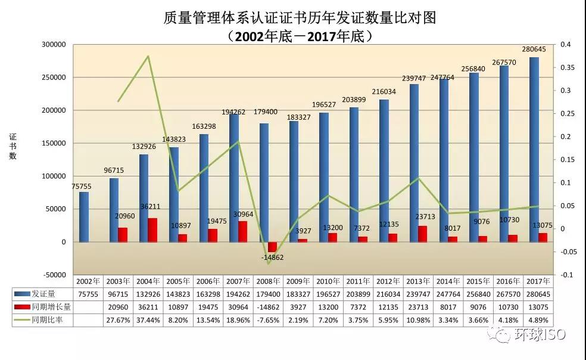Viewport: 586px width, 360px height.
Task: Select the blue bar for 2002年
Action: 84,217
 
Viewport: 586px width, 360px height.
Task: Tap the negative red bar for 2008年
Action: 273,247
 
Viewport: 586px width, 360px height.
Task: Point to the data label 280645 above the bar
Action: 534,49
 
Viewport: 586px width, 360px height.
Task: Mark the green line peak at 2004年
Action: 148,57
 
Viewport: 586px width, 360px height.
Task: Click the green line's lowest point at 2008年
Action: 269,263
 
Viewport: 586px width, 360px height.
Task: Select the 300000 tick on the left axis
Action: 54,45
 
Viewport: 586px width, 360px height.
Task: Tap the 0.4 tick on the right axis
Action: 565,45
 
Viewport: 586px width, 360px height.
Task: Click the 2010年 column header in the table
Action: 329,281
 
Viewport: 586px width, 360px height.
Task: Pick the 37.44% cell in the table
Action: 148,320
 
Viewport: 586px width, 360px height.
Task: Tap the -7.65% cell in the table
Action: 269,320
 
